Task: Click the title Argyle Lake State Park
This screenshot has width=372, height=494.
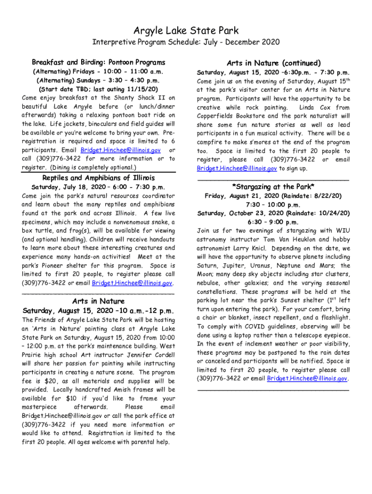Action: coord(186,31)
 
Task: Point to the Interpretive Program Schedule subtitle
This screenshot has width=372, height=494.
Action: coord(186,42)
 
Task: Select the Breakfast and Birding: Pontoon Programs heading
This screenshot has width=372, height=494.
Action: coord(99,62)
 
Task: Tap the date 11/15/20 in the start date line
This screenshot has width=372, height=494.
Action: coord(142,89)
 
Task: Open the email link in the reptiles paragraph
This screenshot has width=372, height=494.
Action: coord(132,283)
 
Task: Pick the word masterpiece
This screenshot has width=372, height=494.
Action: coord(42,408)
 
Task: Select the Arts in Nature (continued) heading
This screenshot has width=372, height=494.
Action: coord(273,63)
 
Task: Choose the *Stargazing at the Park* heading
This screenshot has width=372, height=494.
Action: coord(273,187)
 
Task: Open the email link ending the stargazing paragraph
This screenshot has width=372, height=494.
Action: coord(307,379)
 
